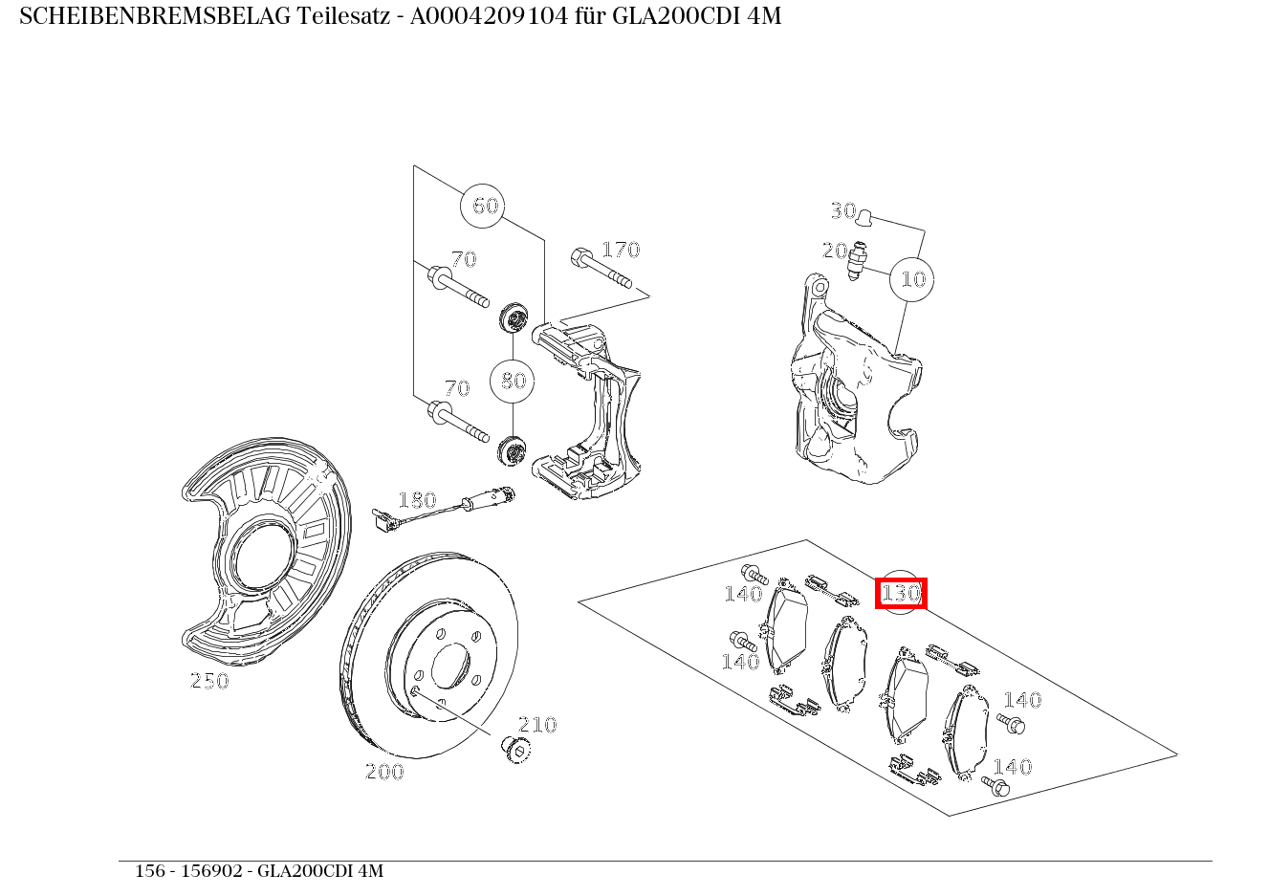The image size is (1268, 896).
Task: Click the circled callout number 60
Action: (485, 206)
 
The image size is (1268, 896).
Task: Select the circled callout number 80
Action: (513, 381)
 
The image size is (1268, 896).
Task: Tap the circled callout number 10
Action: (912, 279)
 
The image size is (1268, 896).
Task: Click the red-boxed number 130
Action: (901, 593)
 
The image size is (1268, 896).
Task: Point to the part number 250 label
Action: (209, 681)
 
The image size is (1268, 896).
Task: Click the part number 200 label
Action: (384, 772)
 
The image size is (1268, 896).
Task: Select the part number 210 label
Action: (537, 725)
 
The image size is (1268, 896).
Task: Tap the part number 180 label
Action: (417, 500)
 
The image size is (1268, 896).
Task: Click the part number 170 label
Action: (621, 250)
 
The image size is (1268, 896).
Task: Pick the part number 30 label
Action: (842, 210)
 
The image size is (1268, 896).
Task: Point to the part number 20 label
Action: (835, 251)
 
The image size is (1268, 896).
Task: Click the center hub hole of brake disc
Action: (450, 667)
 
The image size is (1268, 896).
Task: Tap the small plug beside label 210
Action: (515, 749)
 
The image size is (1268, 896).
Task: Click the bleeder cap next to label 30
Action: (864, 218)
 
